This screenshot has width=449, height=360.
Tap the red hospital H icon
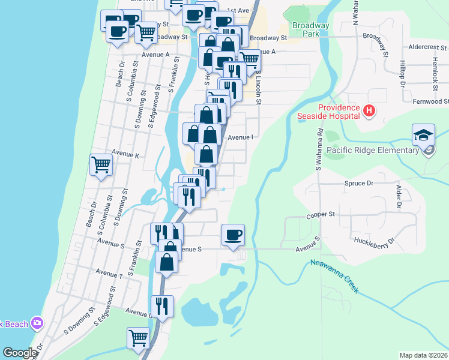pyautogui.click(x=369, y=110)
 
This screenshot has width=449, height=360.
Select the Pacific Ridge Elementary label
pyautogui.click(x=372, y=150)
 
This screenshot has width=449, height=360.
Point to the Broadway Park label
pyautogui.click(x=310, y=29)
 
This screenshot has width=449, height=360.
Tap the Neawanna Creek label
pyautogui.click(x=334, y=276)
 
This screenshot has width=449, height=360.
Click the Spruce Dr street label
pyautogui.click(x=359, y=182)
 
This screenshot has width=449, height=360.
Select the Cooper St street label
pyautogui.click(x=320, y=214)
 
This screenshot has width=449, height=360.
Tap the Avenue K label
pyautogui.click(x=125, y=155)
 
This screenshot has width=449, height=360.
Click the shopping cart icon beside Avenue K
pyautogui.click(x=101, y=164)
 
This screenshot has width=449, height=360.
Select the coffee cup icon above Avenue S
pyautogui.click(x=233, y=235)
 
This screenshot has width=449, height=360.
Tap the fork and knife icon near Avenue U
pyautogui.click(x=162, y=305)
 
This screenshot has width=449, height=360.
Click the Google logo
pyautogui.click(x=20, y=353)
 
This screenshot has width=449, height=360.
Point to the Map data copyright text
pyautogui.click(x=423, y=355)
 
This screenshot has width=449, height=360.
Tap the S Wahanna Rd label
pyautogui.click(x=319, y=148)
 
